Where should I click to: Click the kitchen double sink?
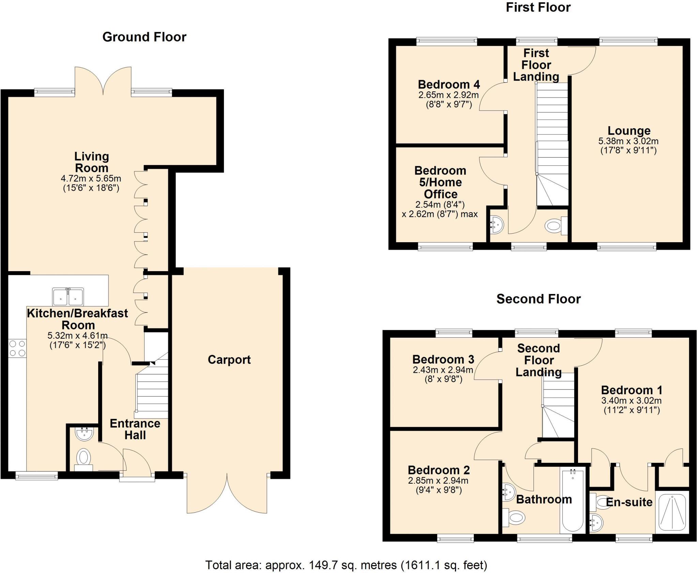coord(68,297)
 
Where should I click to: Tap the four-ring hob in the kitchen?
coord(17,348)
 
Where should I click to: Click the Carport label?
coord(229,360)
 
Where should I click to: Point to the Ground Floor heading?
coord(144,37)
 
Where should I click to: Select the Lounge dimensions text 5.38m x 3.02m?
coord(628,141)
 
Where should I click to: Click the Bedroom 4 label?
coord(449,84)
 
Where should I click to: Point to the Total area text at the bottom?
coord(346,565)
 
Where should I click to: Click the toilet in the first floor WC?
coord(555,226)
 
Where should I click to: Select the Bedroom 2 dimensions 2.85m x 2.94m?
coord(438,481)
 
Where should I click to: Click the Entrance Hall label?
coord(135,429)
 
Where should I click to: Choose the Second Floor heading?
coord(538,299)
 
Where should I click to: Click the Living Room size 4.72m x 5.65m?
coord(91,178)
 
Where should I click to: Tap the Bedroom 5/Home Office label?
coord(440,182)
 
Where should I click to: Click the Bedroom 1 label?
coord(631,390)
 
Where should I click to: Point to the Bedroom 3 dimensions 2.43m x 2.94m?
coord(443,370)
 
